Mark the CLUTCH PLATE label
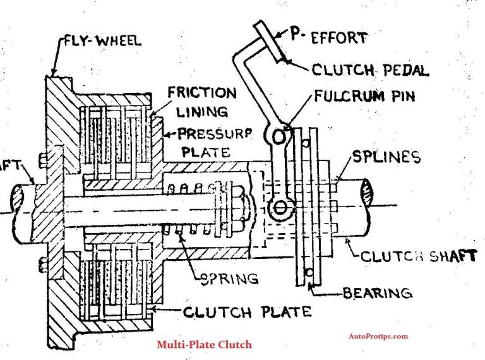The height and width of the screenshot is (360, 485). (x=247, y=311)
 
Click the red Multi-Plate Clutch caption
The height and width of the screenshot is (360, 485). (x=204, y=344)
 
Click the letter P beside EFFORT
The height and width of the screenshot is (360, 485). (x=295, y=35)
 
